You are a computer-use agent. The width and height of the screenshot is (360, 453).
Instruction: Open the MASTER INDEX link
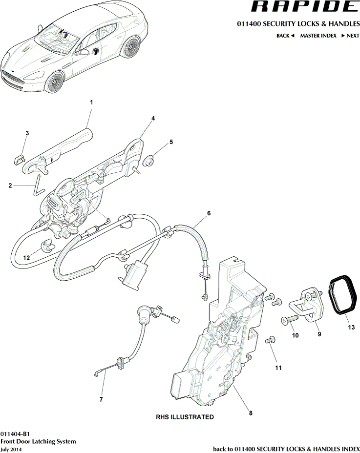pyautogui.click(x=318, y=36)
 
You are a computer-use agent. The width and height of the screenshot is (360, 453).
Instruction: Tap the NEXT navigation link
pyautogui.click(x=350, y=36)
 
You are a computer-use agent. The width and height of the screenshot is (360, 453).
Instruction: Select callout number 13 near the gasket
pyautogui.click(x=351, y=328)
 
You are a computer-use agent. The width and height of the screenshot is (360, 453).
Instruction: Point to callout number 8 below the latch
pyautogui.click(x=251, y=413)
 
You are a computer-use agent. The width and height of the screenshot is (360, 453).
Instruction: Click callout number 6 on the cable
pyautogui.click(x=209, y=213)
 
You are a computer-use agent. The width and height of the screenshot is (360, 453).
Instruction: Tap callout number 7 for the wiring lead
pyautogui.click(x=101, y=399)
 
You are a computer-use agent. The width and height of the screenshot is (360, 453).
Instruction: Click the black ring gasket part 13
pyautogui.click(x=342, y=293)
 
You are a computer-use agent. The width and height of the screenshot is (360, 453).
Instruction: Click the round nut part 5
pyautogui.click(x=151, y=160)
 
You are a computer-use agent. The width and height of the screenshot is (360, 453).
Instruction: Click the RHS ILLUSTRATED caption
pyautogui.click(x=185, y=417)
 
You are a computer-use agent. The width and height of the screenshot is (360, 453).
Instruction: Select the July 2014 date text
pyautogui.click(x=11, y=449)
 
